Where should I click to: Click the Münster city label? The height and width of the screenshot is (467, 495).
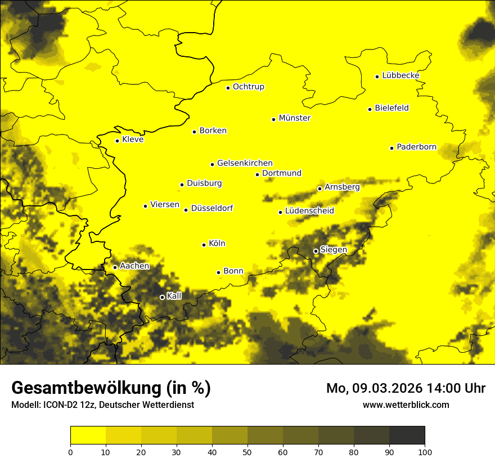(x=294, y=118)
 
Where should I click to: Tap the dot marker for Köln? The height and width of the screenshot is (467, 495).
(x=204, y=245)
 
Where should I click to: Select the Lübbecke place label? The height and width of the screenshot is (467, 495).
(x=400, y=75)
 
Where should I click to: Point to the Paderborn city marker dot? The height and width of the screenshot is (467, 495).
(x=391, y=148)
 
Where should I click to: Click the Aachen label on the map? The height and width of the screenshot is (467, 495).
(x=134, y=266)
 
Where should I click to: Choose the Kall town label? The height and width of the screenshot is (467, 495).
(x=174, y=296)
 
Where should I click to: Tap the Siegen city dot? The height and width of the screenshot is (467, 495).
(x=316, y=251)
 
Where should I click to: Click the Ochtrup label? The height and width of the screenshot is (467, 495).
(x=248, y=87)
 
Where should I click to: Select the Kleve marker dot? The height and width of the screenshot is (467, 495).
(x=117, y=141)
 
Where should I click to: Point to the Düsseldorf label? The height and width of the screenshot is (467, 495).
(x=211, y=208)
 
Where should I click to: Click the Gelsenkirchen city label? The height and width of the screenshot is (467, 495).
(x=245, y=163)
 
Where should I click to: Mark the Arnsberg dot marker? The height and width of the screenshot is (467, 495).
(x=319, y=188)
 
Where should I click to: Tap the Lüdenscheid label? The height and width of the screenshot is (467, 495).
(x=309, y=211)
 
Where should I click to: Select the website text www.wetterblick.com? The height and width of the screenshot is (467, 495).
(x=406, y=405)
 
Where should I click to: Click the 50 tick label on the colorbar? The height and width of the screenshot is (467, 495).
(x=247, y=451)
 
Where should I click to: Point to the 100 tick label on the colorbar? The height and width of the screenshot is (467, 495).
(x=425, y=451)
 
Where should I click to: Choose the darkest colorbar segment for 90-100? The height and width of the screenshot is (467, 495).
(x=407, y=435)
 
